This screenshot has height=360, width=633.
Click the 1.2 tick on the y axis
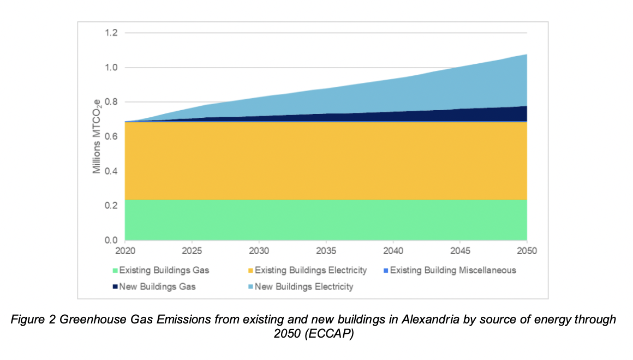tap(112, 33)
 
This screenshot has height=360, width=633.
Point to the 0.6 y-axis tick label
tap(112, 137)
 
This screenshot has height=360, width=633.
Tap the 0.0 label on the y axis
tap(112, 240)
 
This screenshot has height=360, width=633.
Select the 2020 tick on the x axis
tap(125, 251)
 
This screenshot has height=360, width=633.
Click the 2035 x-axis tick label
tap(326, 251)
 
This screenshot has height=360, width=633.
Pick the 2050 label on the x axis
tap(526, 251)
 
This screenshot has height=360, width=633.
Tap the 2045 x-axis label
tap(459, 251)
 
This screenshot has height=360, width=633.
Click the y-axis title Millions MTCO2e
tap(97, 136)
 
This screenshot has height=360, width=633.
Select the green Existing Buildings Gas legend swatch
tap(115, 271)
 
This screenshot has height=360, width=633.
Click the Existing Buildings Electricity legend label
tap(310, 271)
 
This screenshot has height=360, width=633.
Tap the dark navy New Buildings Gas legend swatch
tap(115, 286)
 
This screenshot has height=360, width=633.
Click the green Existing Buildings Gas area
tap(326, 220)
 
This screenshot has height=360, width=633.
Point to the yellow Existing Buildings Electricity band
tap(326, 161)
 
